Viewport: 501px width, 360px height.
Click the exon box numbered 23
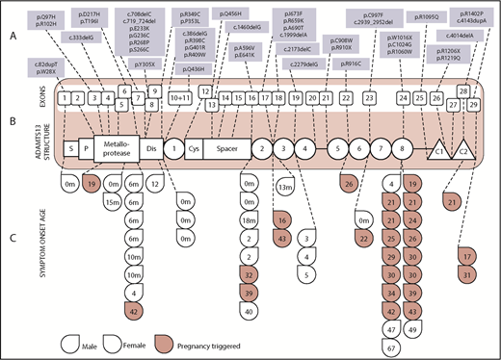click(x=369, y=97)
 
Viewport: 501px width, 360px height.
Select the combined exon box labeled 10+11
click(x=180, y=97)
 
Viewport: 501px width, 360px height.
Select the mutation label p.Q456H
click(x=257, y=15)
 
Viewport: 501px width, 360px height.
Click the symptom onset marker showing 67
click(x=392, y=345)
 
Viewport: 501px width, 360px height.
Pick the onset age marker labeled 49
click(x=412, y=328)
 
